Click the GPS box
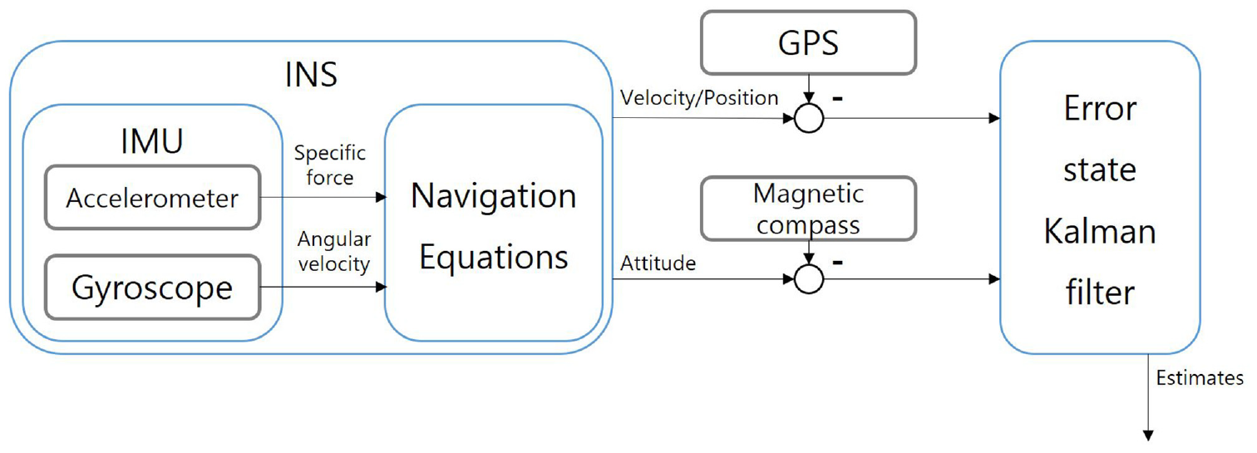point(808,42)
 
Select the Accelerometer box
point(153,198)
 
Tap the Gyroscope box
point(153,288)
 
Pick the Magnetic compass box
point(808,209)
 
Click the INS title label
point(312,74)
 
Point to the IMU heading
point(152,141)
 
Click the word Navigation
point(494,196)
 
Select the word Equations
point(494,259)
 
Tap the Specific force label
point(330,165)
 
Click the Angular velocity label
point(334,252)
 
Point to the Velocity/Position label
point(699,98)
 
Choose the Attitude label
point(658,263)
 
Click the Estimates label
point(1200,378)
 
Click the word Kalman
point(1100,231)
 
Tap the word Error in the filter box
point(1100,108)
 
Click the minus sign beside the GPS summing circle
point(838,99)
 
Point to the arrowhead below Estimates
point(1148,435)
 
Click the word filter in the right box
point(1100,292)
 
